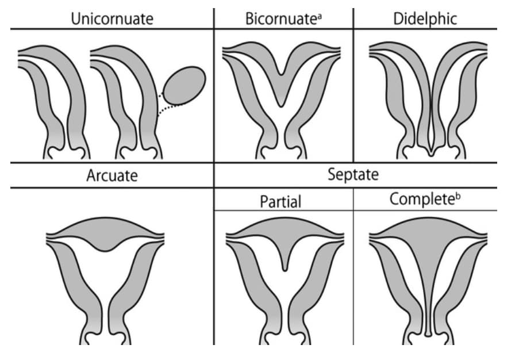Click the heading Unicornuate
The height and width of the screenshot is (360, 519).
[112, 18]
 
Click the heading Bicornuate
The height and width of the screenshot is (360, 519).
[280, 18]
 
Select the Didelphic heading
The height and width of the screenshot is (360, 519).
[425, 18]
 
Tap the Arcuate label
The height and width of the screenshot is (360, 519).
[112, 175]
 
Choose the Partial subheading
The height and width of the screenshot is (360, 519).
[280, 201]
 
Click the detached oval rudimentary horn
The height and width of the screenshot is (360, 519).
[184, 86]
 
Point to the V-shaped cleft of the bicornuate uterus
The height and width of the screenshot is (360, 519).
[280, 86]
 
